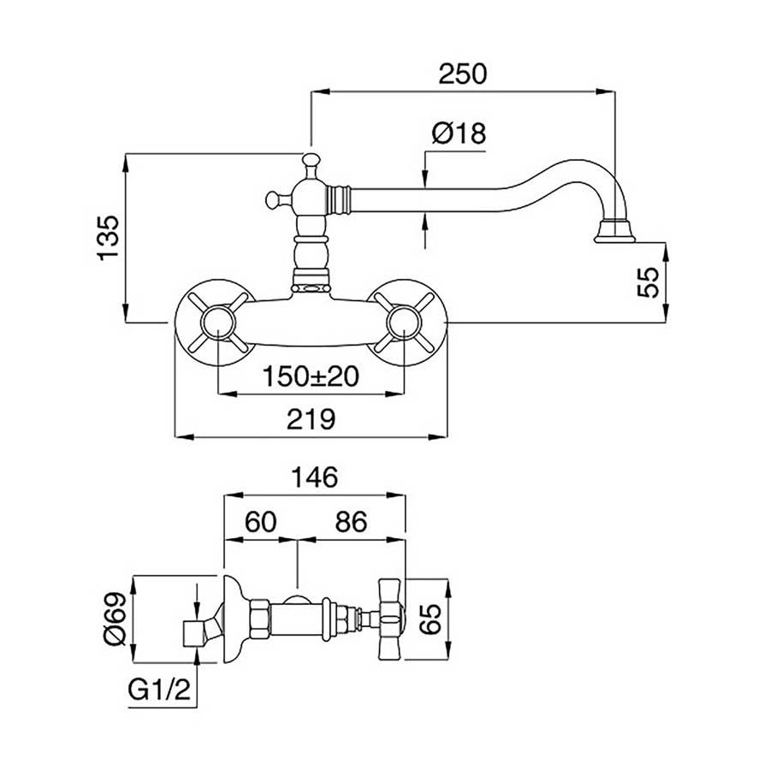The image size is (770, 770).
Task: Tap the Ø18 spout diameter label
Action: (x=459, y=133)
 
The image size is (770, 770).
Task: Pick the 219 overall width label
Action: (x=310, y=418)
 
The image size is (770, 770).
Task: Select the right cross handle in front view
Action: (x=404, y=323)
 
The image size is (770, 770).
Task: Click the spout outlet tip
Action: (x=613, y=231)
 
